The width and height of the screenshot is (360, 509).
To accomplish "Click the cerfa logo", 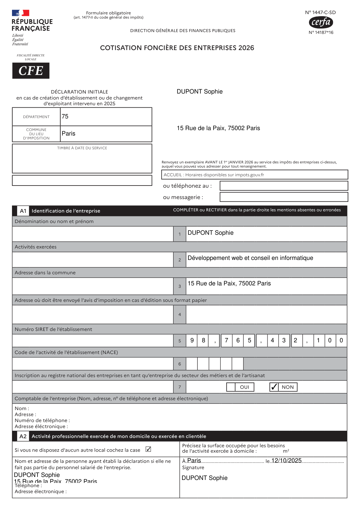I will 321,22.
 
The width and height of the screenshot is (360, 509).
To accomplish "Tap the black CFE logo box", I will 31,71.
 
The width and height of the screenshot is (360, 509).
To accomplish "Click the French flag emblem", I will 20,13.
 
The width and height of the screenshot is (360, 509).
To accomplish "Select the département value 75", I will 65,116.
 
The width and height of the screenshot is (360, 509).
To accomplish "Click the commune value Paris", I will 68,133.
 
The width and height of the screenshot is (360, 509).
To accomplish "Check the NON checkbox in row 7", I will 274,387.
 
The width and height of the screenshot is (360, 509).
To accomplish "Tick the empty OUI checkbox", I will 231,387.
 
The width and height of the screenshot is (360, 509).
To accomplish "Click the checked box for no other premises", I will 148,449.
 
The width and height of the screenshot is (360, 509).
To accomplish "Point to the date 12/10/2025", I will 286,460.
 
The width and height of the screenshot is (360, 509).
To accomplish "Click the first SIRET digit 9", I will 192,340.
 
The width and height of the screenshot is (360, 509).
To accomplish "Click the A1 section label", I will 23,211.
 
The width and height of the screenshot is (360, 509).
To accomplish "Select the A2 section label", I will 23,436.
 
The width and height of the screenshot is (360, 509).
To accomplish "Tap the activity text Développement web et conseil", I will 250,258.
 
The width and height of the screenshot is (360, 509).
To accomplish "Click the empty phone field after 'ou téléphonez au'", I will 283,186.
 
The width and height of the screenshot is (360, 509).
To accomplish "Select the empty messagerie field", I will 283,197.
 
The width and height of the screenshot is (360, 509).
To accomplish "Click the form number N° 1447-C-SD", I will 320,12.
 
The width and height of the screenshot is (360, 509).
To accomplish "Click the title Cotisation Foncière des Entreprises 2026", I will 177,48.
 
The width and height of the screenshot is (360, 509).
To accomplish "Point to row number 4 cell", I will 180,314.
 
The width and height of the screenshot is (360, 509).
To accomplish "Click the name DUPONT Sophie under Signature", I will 205,478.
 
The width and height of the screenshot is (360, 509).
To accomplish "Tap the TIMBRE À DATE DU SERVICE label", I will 82,148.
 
